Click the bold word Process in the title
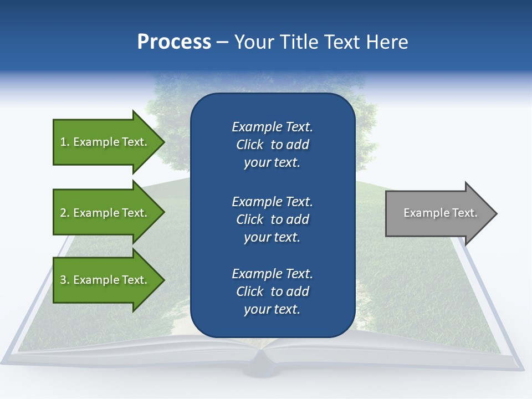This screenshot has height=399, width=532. click(x=174, y=42)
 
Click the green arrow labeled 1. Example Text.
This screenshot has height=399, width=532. click(x=104, y=142)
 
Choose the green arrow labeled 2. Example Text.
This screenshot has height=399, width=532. click(x=104, y=213)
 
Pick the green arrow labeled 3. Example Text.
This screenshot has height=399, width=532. click(x=104, y=280)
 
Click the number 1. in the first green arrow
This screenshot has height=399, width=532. click(x=65, y=142)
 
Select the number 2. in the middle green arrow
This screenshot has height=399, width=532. click(x=65, y=213)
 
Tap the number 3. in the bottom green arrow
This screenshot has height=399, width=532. click(x=65, y=280)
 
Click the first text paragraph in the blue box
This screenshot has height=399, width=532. click(x=272, y=145)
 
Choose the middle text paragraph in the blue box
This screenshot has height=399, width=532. click(x=272, y=219)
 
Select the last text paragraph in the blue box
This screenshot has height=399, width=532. click(x=272, y=291)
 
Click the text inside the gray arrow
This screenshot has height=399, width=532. click(x=440, y=213)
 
